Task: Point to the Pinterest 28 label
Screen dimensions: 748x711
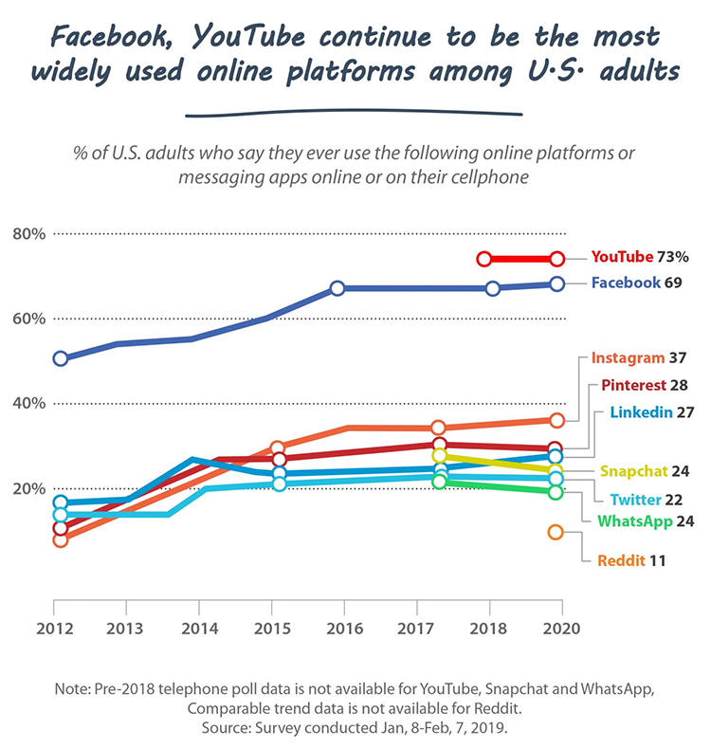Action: point(645,386)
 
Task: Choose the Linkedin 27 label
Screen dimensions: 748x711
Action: point(654,412)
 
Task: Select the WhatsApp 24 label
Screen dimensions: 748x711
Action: point(643,521)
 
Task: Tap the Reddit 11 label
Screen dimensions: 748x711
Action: point(629,560)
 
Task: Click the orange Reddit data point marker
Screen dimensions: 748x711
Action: point(556,533)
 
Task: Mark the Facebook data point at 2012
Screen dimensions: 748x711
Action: point(61,358)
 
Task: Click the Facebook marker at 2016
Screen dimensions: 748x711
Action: point(337,288)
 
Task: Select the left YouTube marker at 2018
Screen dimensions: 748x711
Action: point(484,259)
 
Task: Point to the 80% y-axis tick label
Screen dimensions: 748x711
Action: point(28,233)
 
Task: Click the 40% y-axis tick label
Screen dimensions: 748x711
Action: point(28,404)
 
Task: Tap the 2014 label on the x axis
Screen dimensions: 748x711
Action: point(197,629)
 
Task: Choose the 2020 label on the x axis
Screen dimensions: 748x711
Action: point(558,629)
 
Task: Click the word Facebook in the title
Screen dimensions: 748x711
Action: point(111,39)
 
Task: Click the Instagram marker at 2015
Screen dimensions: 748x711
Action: point(278,448)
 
